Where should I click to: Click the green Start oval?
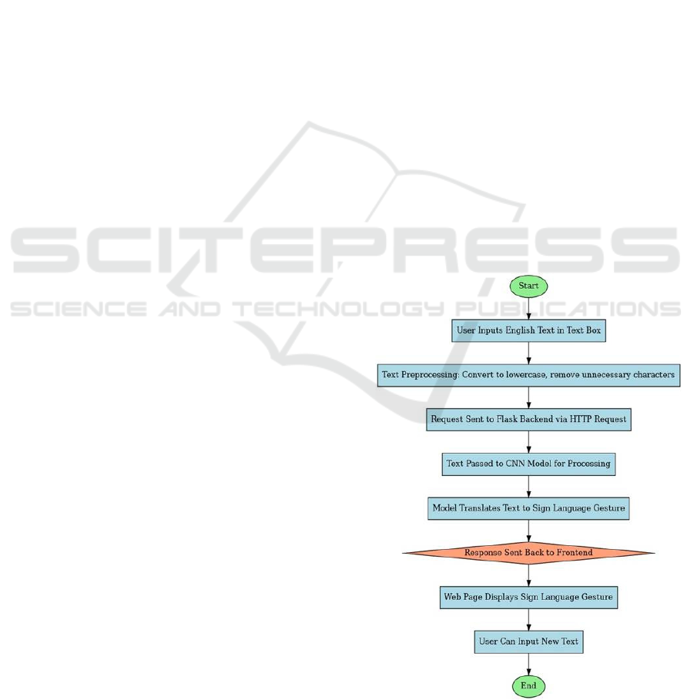pos(528,286)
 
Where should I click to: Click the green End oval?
pos(528,685)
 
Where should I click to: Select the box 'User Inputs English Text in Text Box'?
pos(528,330)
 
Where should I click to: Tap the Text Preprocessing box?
pos(528,375)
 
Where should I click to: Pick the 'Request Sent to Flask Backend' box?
pos(528,420)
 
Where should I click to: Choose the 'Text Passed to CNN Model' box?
pos(528,464)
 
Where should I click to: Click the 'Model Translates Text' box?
pos(528,508)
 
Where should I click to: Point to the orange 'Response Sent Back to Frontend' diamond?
pos(528,552)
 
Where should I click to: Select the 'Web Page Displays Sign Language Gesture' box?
pos(528,597)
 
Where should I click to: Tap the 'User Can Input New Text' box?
pos(528,641)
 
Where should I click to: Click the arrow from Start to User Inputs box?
pos(528,308)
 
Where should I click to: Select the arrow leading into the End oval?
pos(528,664)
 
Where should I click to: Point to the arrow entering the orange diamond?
pos(528,531)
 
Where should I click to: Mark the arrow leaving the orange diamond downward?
pos(528,574)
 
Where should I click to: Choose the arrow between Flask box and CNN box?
pos(528,442)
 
